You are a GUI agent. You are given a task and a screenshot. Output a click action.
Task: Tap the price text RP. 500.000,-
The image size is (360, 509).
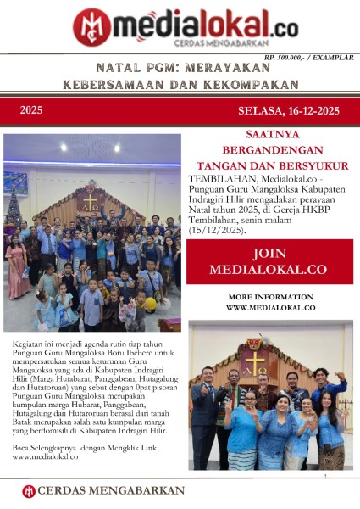(290, 57)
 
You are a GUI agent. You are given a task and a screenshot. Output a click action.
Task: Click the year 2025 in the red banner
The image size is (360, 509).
(31, 110)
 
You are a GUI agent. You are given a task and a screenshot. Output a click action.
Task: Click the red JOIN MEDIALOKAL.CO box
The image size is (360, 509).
(269, 261)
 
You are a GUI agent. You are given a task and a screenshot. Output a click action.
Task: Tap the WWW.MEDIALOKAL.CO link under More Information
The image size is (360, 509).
(270, 307)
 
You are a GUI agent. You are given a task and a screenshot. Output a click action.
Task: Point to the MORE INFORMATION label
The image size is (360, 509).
(270, 296)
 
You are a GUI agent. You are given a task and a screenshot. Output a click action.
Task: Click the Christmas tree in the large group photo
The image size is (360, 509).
(13, 212)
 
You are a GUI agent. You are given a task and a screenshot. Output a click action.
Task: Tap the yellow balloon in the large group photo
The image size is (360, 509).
(150, 303)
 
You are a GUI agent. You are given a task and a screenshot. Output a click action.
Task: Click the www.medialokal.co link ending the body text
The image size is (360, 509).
(45, 456)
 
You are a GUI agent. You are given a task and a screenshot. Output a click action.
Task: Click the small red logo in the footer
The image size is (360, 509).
(29, 490)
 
